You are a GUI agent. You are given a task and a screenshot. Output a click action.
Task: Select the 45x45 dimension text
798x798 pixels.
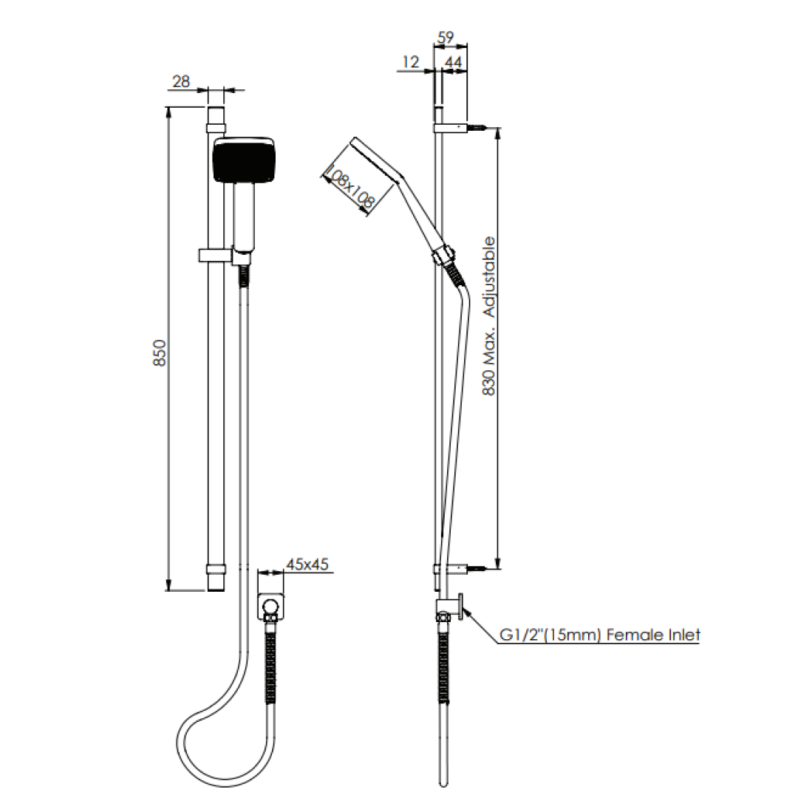(307, 565)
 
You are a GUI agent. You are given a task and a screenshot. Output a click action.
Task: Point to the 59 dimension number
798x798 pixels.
(445, 37)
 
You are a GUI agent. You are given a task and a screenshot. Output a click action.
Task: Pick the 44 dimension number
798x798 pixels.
(454, 63)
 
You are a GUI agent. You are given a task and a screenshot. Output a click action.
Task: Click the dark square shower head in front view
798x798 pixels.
(243, 160)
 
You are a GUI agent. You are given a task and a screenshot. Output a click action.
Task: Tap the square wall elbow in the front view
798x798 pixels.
(272, 607)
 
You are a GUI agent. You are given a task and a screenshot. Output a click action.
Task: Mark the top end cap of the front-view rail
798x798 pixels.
(215, 116)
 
